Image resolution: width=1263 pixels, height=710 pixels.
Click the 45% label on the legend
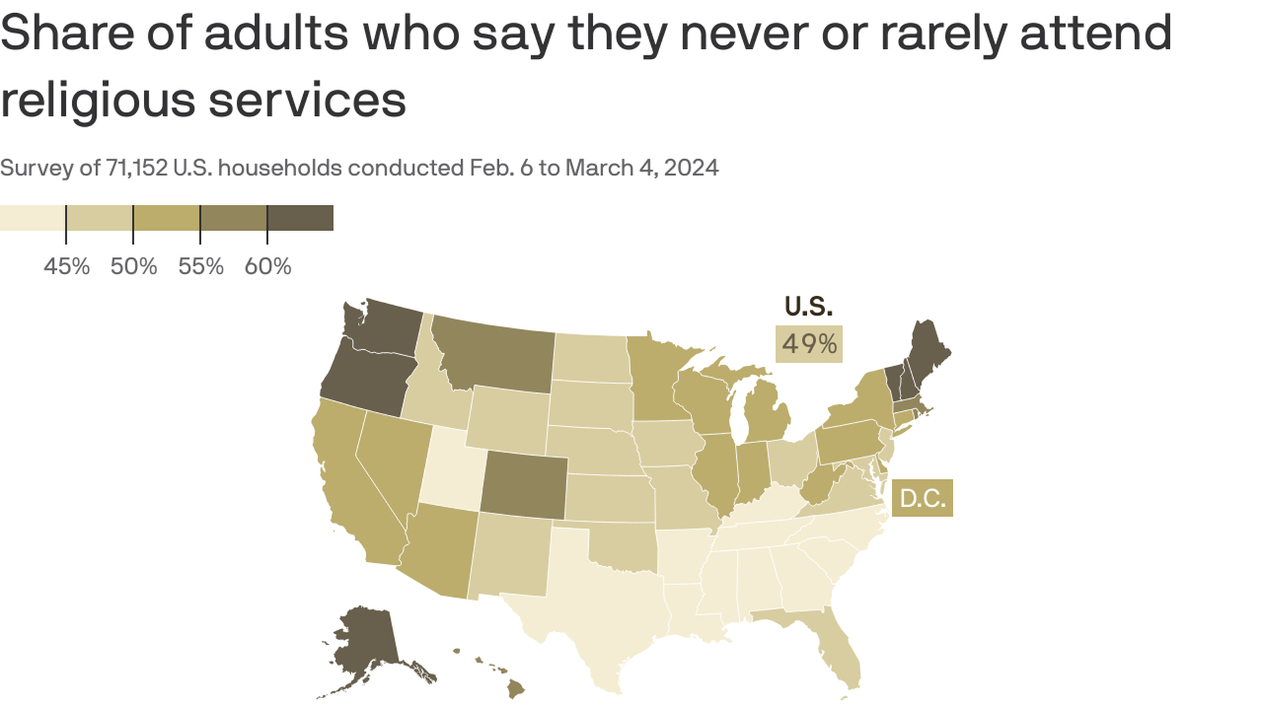(x=66, y=266)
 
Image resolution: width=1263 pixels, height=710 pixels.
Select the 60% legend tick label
(x=268, y=266)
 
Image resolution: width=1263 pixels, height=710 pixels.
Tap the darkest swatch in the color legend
(x=300, y=218)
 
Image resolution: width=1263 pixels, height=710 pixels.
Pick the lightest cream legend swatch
(x=32, y=218)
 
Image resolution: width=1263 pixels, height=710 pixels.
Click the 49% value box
(x=808, y=344)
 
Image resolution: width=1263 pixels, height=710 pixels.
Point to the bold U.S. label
(x=808, y=306)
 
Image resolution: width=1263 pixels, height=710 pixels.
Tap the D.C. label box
(x=922, y=498)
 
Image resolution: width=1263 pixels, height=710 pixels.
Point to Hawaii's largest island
(x=516, y=690)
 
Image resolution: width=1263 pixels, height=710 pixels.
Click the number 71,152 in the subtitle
(x=136, y=168)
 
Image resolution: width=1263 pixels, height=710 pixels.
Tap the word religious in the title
(x=97, y=101)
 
